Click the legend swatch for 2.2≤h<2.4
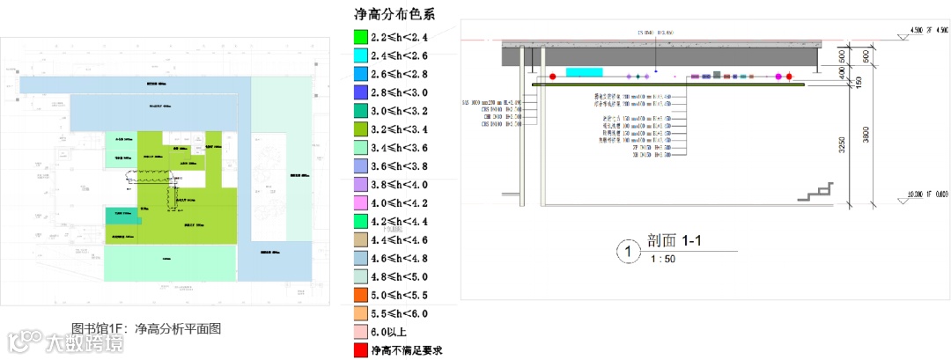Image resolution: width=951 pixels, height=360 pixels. (x=359, y=38)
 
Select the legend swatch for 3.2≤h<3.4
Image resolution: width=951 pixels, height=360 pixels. (x=359, y=129)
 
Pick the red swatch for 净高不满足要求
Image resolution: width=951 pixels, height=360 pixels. (x=359, y=349)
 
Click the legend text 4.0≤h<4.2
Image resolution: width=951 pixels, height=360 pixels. (x=402, y=202)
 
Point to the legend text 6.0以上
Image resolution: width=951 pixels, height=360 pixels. (x=392, y=332)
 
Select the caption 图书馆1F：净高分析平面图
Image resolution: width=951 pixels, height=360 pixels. (x=145, y=327)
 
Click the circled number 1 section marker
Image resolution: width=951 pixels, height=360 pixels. (x=627, y=253)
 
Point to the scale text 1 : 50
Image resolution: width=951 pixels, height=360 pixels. (x=664, y=260)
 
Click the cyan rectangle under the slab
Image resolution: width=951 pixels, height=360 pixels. (x=584, y=71)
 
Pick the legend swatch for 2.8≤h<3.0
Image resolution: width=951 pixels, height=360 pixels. (x=359, y=92)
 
